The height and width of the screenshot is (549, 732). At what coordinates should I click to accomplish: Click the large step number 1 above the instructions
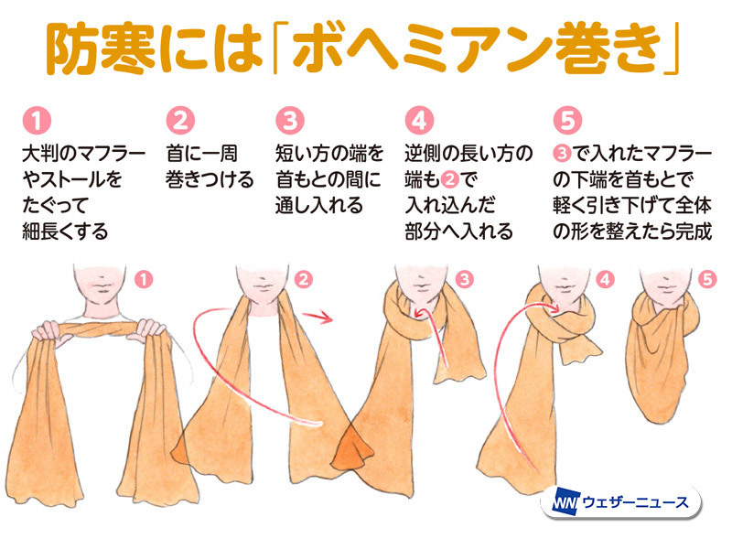pos(37,121)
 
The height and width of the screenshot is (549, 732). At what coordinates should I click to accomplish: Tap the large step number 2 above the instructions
pos(180,121)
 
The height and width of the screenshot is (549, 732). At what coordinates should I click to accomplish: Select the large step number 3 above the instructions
pos(289,121)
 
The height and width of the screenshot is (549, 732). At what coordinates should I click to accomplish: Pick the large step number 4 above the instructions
pos(419,121)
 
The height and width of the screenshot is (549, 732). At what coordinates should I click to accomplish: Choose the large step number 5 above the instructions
pos(567,121)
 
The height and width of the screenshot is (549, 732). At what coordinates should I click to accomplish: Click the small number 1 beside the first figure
pos(144,279)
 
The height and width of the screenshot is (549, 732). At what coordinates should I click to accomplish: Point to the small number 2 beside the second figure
pos(304,279)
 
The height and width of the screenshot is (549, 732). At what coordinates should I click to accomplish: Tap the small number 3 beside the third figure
pos(464,279)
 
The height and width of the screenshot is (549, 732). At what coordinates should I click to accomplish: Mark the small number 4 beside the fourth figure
pos(605,279)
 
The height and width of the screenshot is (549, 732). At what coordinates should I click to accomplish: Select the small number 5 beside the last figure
pos(707,279)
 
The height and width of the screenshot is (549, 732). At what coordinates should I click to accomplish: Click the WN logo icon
pos(565,502)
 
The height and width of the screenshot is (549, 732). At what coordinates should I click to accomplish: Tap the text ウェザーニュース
pos(636,502)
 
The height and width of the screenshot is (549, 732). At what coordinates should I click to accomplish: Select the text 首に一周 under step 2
pos(201,154)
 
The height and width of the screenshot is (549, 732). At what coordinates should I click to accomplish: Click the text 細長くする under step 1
pos(65,231)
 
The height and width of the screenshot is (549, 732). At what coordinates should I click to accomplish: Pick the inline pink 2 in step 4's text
pos(449,179)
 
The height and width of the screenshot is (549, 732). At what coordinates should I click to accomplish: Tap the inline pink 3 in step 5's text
pos(562,154)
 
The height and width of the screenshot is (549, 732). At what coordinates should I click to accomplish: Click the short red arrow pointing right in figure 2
pos(317,317)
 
